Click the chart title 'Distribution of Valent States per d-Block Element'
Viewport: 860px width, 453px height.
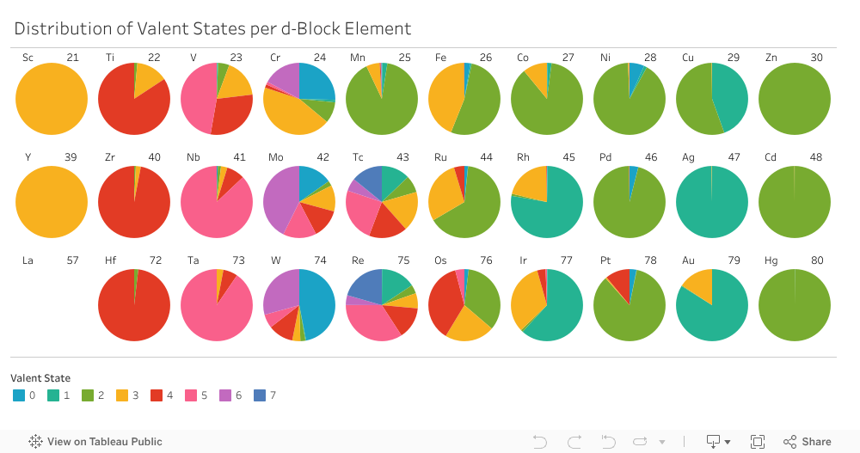click(x=212, y=28)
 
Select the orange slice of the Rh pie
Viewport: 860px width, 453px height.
click(x=531, y=184)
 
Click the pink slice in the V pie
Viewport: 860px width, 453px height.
click(x=199, y=99)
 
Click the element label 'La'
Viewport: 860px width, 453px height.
click(x=28, y=260)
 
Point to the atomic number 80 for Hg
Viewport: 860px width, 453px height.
click(x=816, y=260)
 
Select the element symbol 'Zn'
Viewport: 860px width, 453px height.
click(x=771, y=58)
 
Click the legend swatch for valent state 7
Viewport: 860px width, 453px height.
click(x=260, y=395)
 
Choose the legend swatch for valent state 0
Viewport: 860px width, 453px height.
click(x=19, y=395)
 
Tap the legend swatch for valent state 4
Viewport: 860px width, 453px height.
click(x=157, y=395)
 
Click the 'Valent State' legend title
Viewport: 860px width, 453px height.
click(x=40, y=377)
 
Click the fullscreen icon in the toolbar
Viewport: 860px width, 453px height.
click(x=758, y=442)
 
